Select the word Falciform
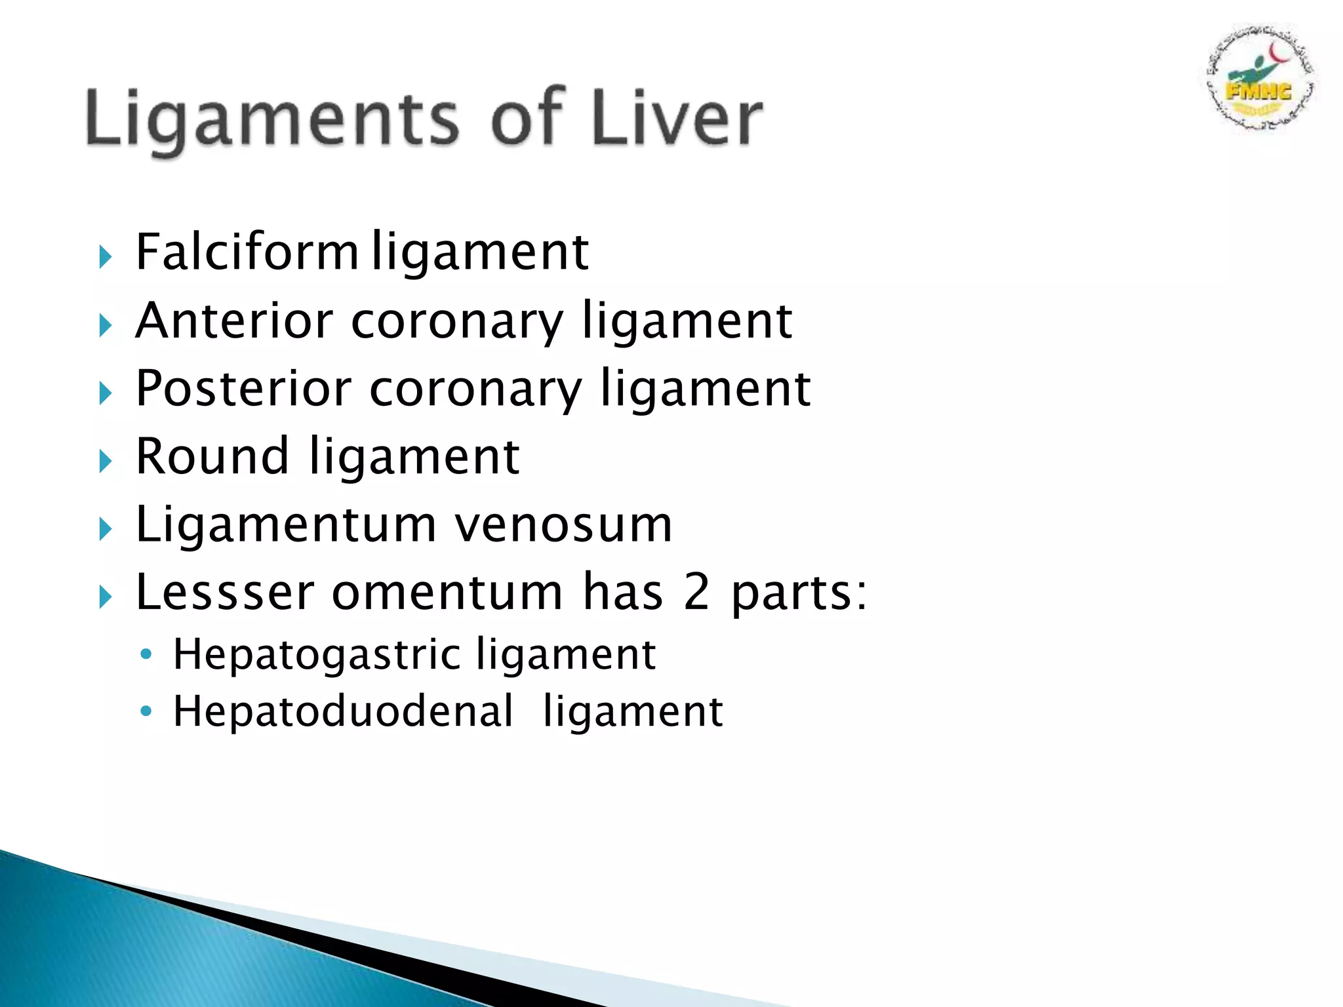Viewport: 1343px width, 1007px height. pos(247,252)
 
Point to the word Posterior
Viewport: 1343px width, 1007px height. pos(243,389)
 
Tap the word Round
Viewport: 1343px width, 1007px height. pos(212,456)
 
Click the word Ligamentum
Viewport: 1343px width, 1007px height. pos(286,525)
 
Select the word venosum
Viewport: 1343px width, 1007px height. pos(564,525)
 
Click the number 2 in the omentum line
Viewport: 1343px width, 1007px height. pos(696,592)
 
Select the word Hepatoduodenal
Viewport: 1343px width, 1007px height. pos(343,711)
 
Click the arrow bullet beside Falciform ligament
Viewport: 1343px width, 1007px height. pos(105,256)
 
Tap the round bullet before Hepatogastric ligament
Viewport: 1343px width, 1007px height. pos(146,654)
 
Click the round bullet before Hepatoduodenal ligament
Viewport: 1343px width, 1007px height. pos(146,711)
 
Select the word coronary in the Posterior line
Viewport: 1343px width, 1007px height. pos(475,390)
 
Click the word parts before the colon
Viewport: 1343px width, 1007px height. pos(791,593)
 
